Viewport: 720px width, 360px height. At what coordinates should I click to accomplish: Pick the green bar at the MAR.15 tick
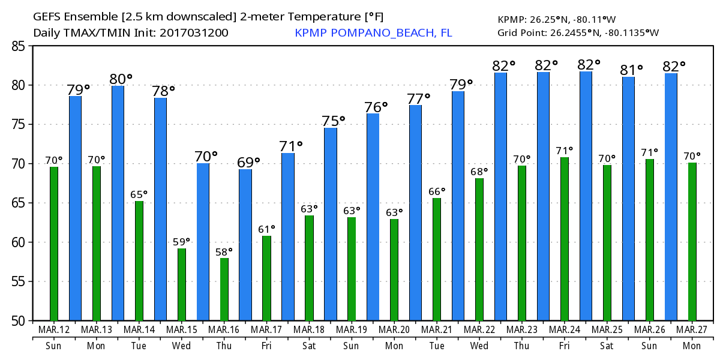182,284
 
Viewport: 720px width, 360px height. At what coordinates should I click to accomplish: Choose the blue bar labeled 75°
331,224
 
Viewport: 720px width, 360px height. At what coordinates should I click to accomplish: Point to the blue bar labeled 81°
628,199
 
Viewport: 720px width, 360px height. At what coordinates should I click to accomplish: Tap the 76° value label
376,107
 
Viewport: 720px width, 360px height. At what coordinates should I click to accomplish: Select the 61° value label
266,229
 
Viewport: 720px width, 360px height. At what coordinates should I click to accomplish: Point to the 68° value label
479,172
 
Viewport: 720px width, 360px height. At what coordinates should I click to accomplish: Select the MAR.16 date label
224,330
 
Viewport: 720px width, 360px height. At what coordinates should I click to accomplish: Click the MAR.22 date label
479,330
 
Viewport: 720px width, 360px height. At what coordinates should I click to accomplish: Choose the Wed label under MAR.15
182,346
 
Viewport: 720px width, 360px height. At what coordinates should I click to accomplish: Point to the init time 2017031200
194,32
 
